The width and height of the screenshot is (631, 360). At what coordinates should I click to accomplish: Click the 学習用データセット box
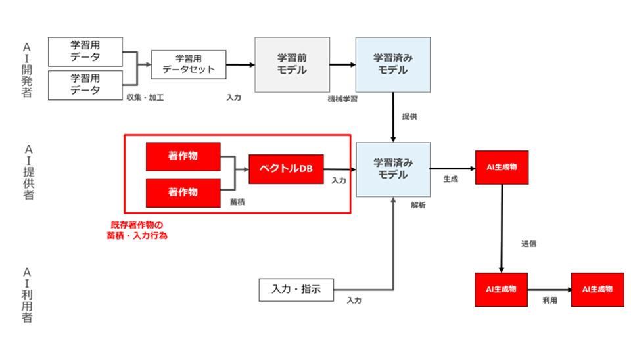coord(189,64)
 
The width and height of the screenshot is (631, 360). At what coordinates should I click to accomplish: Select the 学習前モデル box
coord(292,65)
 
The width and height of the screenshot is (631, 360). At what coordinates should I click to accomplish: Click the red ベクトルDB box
coord(286,169)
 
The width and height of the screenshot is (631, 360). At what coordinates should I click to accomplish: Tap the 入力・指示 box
coord(296,290)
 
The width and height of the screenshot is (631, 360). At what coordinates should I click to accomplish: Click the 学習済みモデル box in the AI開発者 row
coord(393,65)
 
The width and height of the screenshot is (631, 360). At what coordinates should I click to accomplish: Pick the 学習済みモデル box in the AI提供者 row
coord(393,169)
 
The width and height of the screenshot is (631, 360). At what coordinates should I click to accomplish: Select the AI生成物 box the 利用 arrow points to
coord(597,290)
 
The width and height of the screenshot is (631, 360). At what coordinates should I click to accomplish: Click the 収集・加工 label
coord(145,97)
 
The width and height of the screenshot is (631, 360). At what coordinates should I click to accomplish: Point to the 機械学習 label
coord(342,99)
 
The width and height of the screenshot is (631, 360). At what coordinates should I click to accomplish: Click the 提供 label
coord(409,116)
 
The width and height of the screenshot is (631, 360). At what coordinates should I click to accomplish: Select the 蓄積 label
coord(237,202)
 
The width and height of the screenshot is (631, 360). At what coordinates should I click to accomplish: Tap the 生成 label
coord(451,179)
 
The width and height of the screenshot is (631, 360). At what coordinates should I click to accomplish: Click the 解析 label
coord(418,205)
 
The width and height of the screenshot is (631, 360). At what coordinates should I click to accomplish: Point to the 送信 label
coord(528,244)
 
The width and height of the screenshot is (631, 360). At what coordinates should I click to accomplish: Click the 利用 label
coord(549,300)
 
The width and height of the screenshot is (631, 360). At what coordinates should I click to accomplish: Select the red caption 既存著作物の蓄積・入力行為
coord(137,230)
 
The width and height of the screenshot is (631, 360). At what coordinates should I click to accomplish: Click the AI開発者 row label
coord(26,70)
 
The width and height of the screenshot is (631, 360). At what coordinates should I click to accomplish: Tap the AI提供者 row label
coord(28,172)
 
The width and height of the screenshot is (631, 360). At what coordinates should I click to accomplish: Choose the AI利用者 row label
coord(26,295)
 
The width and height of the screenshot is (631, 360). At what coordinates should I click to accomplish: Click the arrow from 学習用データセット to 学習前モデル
coord(241,65)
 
